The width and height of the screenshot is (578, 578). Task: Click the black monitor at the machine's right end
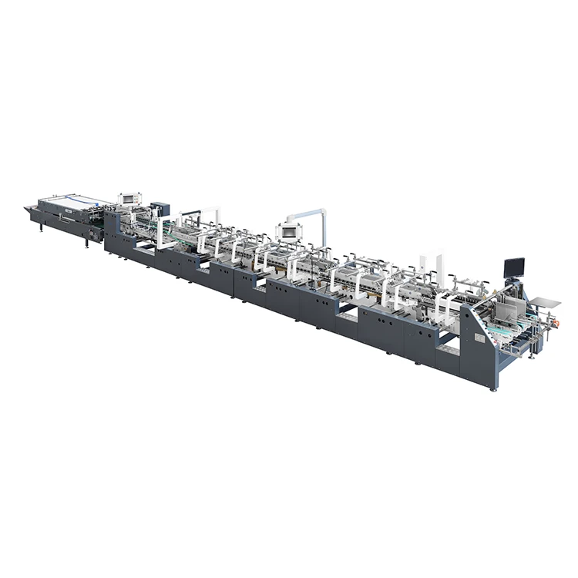tap(514, 268)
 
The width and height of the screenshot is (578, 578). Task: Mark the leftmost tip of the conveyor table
tap(26, 207)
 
